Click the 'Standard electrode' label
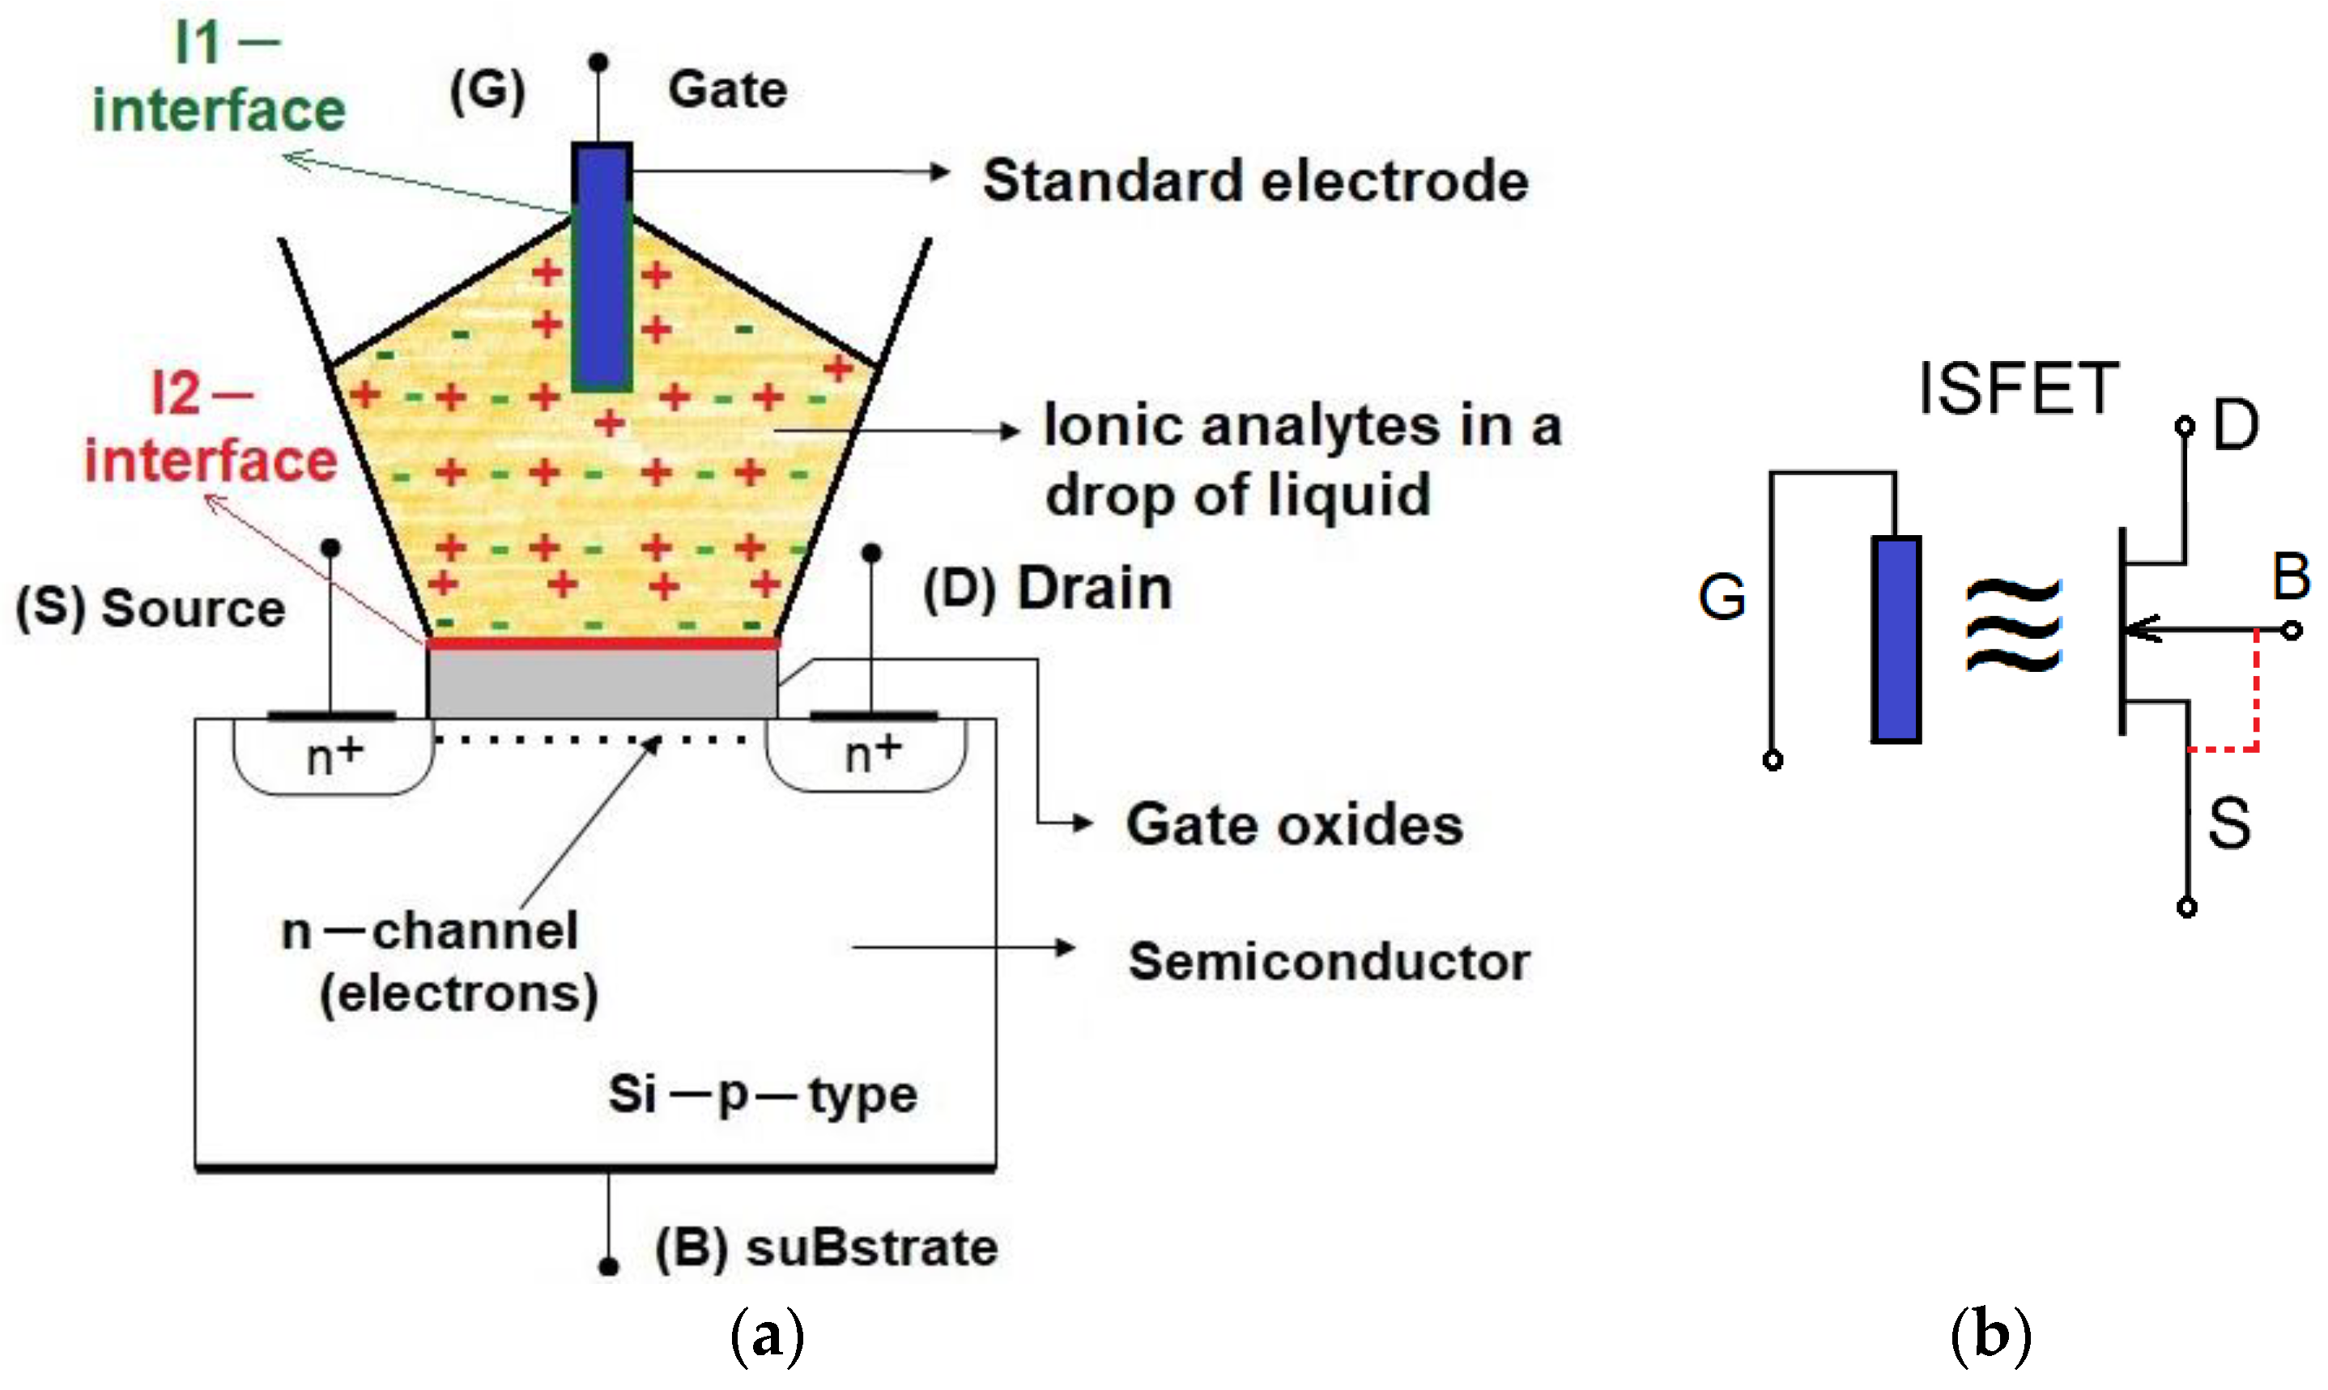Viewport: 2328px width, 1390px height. (1254, 180)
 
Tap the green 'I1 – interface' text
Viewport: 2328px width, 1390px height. (219, 79)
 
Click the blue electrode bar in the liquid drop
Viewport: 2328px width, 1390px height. (602, 267)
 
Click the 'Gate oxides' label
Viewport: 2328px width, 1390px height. (1293, 825)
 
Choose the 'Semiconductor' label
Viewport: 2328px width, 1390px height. (1329, 962)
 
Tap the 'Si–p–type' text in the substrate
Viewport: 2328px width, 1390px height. (762, 1094)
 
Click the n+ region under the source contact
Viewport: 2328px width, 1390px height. (333, 757)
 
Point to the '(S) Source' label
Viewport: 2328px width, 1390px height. (150, 608)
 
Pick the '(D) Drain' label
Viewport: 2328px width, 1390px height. (1046, 589)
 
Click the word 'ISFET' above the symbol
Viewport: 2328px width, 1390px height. (2018, 388)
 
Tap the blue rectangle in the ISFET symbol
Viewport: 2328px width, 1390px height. (1895, 640)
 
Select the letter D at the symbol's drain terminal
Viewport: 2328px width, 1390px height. (2235, 426)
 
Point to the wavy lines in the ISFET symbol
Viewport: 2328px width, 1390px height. (2013, 625)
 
